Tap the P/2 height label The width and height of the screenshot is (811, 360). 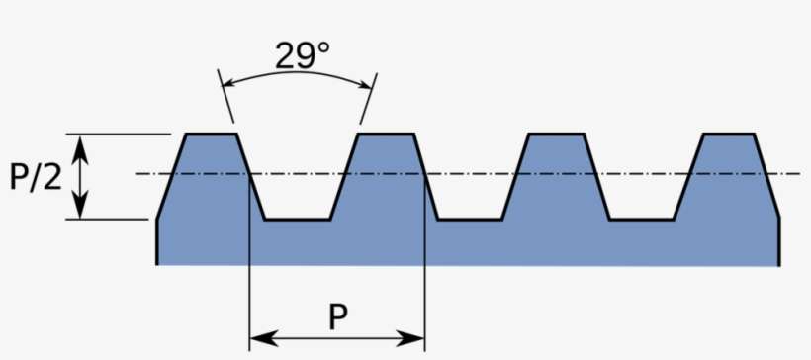pyautogui.click(x=36, y=177)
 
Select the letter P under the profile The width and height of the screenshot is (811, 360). pyautogui.click(x=337, y=316)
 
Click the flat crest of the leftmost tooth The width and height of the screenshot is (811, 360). pyautogui.click(x=210, y=134)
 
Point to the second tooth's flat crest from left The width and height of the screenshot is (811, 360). pyautogui.click(x=386, y=134)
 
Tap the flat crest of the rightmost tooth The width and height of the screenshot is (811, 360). pyautogui.click(x=730, y=134)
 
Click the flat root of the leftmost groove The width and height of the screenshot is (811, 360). pyautogui.click(x=297, y=219)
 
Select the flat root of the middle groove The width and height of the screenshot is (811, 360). pyautogui.click(x=469, y=219)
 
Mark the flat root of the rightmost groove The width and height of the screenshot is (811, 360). pyautogui.click(x=642, y=219)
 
